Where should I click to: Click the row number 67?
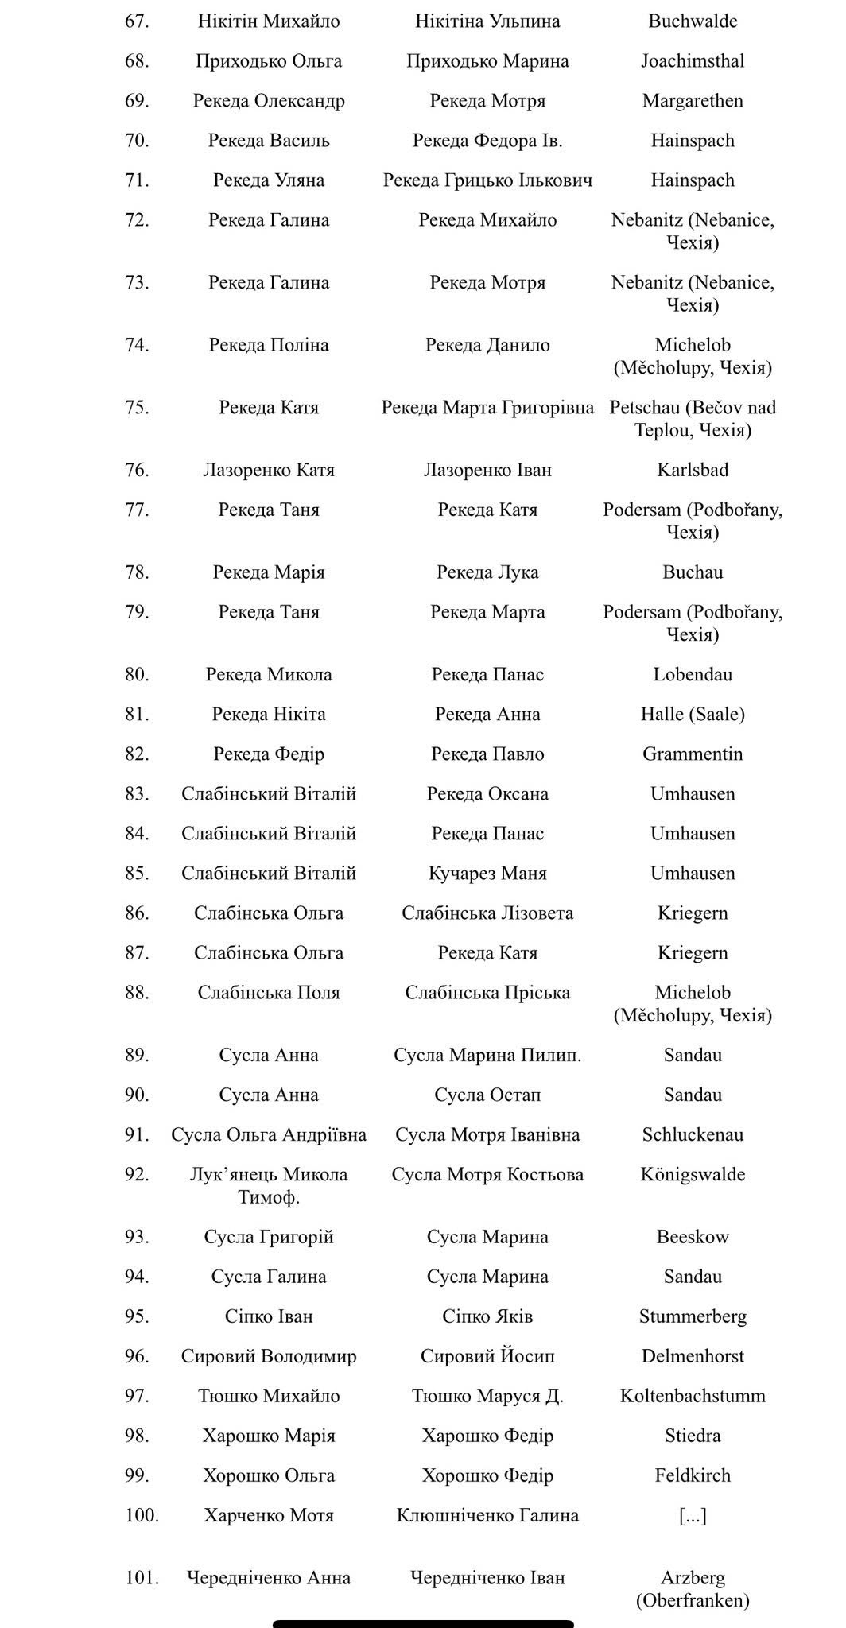click(x=137, y=21)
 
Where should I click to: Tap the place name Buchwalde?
click(x=693, y=21)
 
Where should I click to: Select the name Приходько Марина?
click(x=487, y=61)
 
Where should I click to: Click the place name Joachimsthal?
click(x=693, y=61)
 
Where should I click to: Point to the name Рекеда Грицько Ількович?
click(x=487, y=180)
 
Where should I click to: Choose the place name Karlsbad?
click(x=693, y=470)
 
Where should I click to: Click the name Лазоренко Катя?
click(x=269, y=470)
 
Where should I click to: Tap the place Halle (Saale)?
click(x=693, y=714)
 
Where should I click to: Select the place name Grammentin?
click(x=693, y=754)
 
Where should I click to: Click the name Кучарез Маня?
click(x=487, y=873)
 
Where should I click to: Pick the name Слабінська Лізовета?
click(x=487, y=913)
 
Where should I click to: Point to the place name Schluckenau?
click(x=693, y=1134)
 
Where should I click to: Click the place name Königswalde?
click(x=693, y=1174)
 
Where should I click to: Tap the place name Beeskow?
click(x=693, y=1237)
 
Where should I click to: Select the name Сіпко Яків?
click(x=487, y=1316)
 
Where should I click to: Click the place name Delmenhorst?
click(x=693, y=1356)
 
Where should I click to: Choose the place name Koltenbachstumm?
click(x=693, y=1396)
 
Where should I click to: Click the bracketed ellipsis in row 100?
click(x=693, y=1515)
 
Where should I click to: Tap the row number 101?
click(x=142, y=1578)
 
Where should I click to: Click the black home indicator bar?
click(x=423, y=1623)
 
